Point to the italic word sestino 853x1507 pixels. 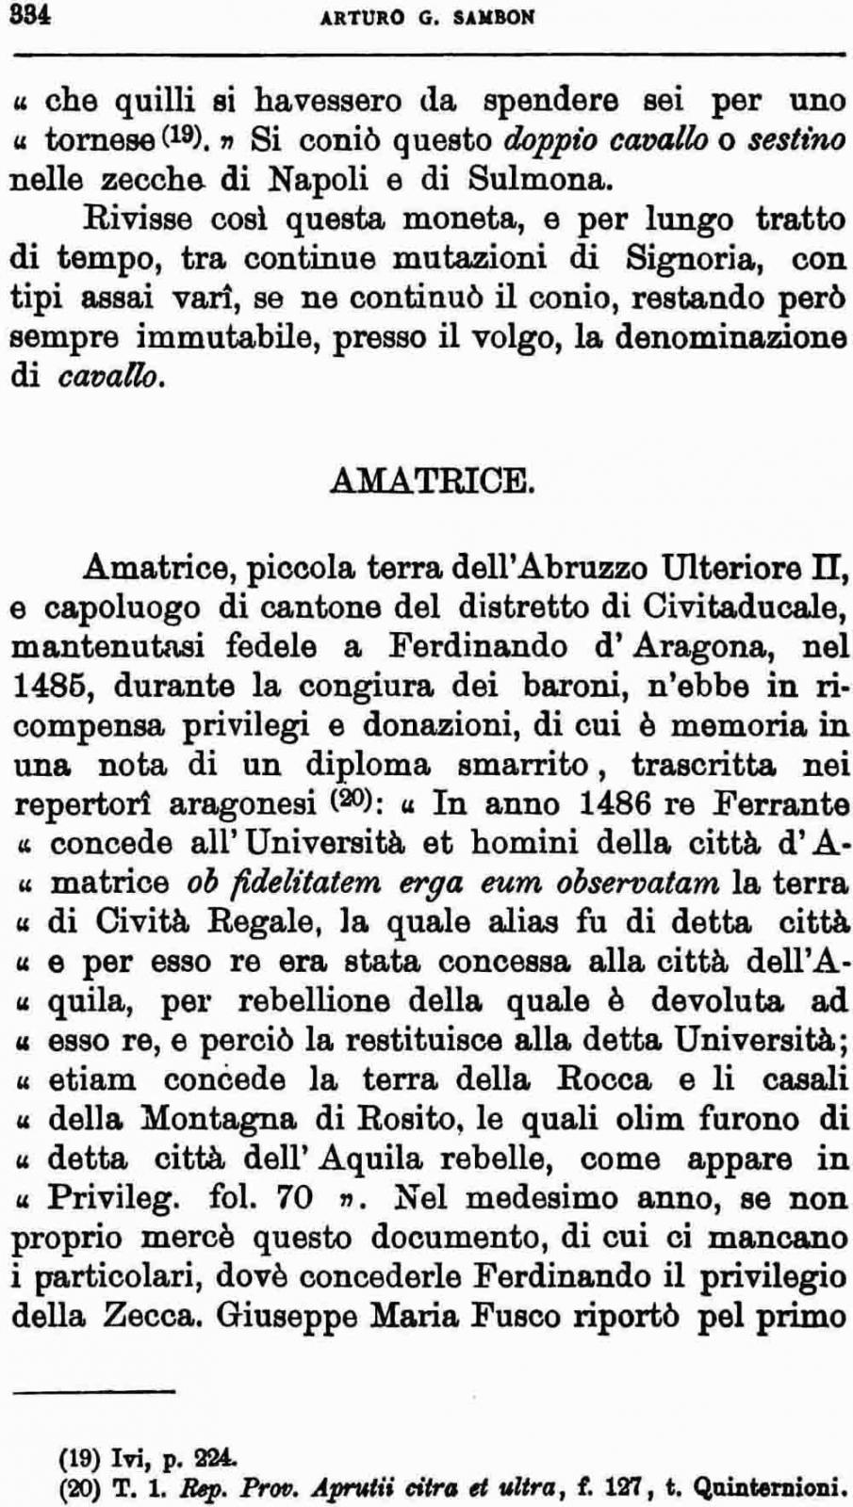(796, 139)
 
